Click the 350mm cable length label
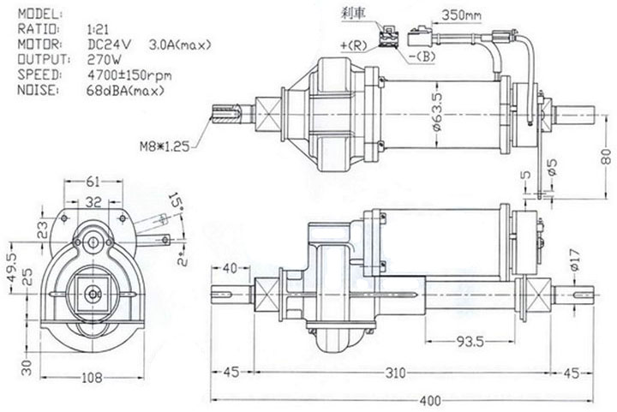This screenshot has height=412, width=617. pyautogui.click(x=463, y=15)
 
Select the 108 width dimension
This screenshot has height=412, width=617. pyautogui.click(x=93, y=378)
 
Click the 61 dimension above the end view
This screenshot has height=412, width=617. pyautogui.click(x=93, y=181)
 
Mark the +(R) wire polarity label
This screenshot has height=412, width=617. pyautogui.click(x=352, y=44)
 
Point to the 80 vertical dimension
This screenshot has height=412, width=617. pyautogui.click(x=606, y=156)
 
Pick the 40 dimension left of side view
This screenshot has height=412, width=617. pyautogui.click(x=231, y=266)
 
